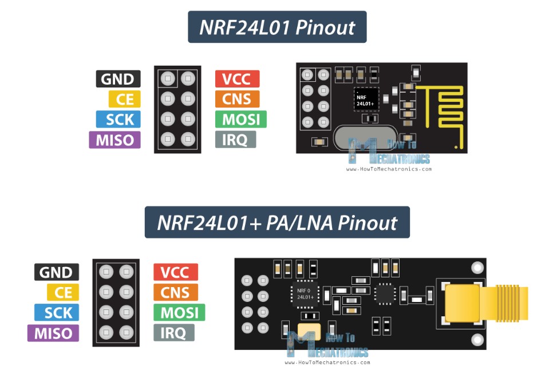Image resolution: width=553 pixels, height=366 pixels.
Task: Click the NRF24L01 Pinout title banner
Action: (x=277, y=27)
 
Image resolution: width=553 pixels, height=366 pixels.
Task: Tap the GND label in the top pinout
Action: (x=118, y=79)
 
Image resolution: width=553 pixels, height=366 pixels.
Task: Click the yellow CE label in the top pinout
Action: (x=124, y=100)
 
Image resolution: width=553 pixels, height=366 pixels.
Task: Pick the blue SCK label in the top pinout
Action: (x=118, y=120)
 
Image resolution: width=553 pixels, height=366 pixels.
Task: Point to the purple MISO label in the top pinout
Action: (x=114, y=140)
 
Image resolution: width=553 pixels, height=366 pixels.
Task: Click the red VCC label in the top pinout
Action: (x=237, y=79)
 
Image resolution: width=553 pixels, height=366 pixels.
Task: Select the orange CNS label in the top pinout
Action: (x=237, y=99)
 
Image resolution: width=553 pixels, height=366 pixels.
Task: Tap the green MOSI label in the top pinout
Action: (x=241, y=120)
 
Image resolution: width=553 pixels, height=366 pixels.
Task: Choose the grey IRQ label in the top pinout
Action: (x=235, y=140)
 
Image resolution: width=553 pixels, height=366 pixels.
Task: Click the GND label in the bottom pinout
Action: (x=56, y=272)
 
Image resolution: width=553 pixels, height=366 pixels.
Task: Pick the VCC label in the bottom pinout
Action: (x=175, y=272)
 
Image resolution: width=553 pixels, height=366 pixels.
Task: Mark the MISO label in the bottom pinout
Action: (x=53, y=333)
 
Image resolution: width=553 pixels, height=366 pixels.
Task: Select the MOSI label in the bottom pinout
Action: (x=179, y=313)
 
